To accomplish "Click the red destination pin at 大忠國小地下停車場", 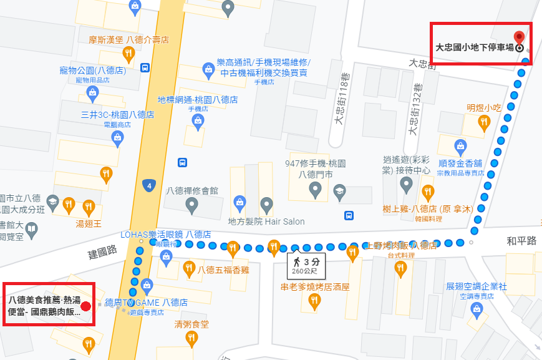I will (518, 37).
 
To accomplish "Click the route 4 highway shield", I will (148, 185).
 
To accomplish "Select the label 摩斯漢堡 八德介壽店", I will (128, 40).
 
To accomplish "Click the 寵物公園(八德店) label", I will (92, 70).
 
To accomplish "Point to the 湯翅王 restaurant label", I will (89, 223).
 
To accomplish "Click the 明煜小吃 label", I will (484, 107).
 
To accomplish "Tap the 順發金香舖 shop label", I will (460, 163).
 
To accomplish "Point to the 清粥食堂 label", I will (191, 324).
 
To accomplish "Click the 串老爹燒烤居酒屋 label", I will (314, 287).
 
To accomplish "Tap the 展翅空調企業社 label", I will (477, 286).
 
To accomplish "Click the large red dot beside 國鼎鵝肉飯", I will (86, 306).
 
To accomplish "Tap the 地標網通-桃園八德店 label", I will (198, 99).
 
